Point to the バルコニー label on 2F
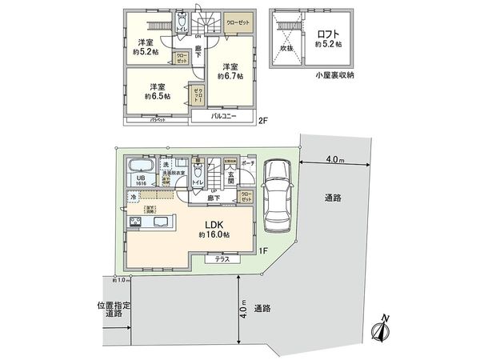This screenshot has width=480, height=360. [x=223, y=116]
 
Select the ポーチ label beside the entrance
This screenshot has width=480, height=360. [x=247, y=162]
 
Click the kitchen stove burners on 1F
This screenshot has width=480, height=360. [x=134, y=221]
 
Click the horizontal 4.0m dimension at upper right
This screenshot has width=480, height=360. [x=335, y=159]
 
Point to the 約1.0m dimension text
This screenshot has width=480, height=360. [x=121, y=280]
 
